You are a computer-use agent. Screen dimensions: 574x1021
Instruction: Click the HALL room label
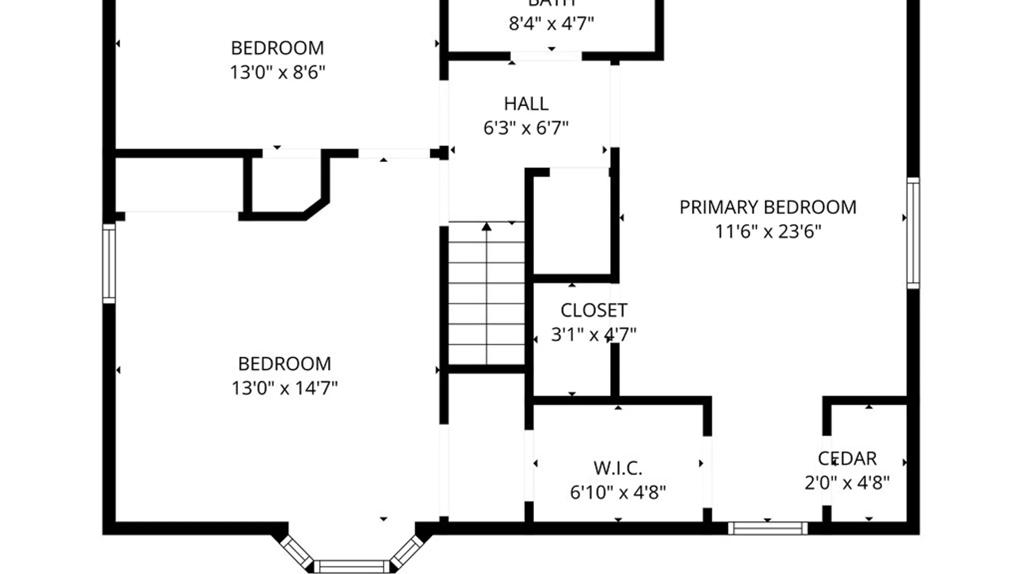[x=526, y=104]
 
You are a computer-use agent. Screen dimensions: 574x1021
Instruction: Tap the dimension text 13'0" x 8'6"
[x=277, y=72]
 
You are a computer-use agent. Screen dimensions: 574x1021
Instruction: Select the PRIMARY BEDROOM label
[x=767, y=207]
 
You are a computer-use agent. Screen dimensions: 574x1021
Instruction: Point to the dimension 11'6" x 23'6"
[x=767, y=232]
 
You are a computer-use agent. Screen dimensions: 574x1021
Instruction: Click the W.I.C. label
[x=617, y=468]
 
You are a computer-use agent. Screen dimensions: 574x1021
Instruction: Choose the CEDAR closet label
[x=847, y=458]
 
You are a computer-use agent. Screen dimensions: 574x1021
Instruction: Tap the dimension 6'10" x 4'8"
[x=617, y=493]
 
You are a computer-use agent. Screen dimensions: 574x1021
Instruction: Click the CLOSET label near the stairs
[x=593, y=310]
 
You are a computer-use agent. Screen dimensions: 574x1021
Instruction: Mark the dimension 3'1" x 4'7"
[x=593, y=335]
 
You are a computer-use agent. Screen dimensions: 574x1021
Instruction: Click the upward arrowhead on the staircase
[x=486, y=227]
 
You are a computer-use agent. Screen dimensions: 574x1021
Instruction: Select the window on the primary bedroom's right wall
[x=913, y=233]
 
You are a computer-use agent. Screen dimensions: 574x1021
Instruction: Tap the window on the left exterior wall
[x=108, y=264]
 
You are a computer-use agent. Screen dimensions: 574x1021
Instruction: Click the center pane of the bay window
[x=352, y=567]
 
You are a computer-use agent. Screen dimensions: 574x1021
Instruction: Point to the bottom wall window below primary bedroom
[x=767, y=528]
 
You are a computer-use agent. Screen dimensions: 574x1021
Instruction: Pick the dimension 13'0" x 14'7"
[x=284, y=388]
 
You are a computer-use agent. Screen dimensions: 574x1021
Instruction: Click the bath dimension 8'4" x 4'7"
[x=551, y=24]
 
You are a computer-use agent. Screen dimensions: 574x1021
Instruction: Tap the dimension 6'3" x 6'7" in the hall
[x=526, y=128]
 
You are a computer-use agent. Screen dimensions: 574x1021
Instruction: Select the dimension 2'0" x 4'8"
[x=847, y=483]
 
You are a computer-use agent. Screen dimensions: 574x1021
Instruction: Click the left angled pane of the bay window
[x=296, y=551]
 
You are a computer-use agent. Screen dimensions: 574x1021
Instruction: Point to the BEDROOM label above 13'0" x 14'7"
[x=284, y=364]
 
